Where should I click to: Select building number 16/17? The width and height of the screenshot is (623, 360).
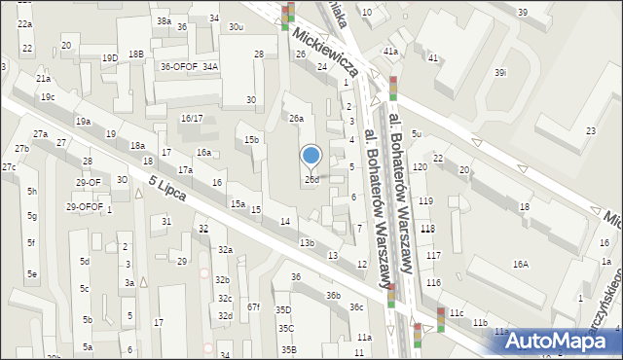(192, 118)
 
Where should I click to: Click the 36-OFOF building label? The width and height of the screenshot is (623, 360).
(179, 66)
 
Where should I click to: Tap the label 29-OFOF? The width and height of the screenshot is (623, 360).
(85, 206)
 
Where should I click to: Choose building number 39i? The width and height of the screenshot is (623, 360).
(500, 73)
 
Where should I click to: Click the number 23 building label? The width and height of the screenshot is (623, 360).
(590, 130)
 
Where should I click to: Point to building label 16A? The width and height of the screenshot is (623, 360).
(521, 264)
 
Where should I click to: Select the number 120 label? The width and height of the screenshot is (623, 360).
(420, 167)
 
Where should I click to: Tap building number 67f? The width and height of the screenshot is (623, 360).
(253, 306)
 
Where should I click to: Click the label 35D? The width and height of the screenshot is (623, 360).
(283, 310)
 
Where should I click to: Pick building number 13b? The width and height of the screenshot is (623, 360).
(307, 242)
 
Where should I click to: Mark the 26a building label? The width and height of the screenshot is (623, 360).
(296, 118)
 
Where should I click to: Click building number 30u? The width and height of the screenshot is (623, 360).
(236, 27)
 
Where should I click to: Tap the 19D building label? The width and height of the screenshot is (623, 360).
(110, 57)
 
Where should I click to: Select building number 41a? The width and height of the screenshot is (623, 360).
(390, 51)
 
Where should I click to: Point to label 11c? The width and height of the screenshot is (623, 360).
(456, 313)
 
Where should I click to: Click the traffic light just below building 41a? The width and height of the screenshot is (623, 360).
(393, 88)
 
